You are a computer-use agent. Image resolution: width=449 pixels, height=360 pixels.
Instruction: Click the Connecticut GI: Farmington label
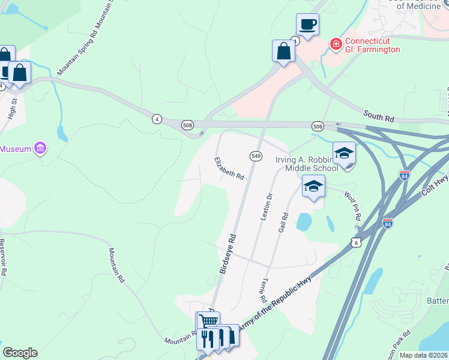[x=372, y=45]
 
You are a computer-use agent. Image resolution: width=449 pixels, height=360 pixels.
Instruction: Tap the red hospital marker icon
[x=336, y=44]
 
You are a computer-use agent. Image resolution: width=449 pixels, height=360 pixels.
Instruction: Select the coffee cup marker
[x=307, y=25]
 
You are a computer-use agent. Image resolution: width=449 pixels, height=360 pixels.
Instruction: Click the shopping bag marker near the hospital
[x=283, y=52]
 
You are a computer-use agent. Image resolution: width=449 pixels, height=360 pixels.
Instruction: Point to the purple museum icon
[x=40, y=148]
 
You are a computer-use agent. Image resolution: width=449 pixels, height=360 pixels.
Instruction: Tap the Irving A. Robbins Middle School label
[x=306, y=164]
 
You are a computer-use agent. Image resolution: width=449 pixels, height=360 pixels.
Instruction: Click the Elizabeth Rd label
[x=229, y=169]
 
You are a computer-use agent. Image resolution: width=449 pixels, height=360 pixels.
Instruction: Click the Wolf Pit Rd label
[x=352, y=206]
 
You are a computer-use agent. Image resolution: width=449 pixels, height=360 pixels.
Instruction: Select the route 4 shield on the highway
[x=156, y=119]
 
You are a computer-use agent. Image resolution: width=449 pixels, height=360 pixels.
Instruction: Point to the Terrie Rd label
[x=263, y=290]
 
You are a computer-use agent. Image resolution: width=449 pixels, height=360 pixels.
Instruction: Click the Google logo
[x=20, y=353]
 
